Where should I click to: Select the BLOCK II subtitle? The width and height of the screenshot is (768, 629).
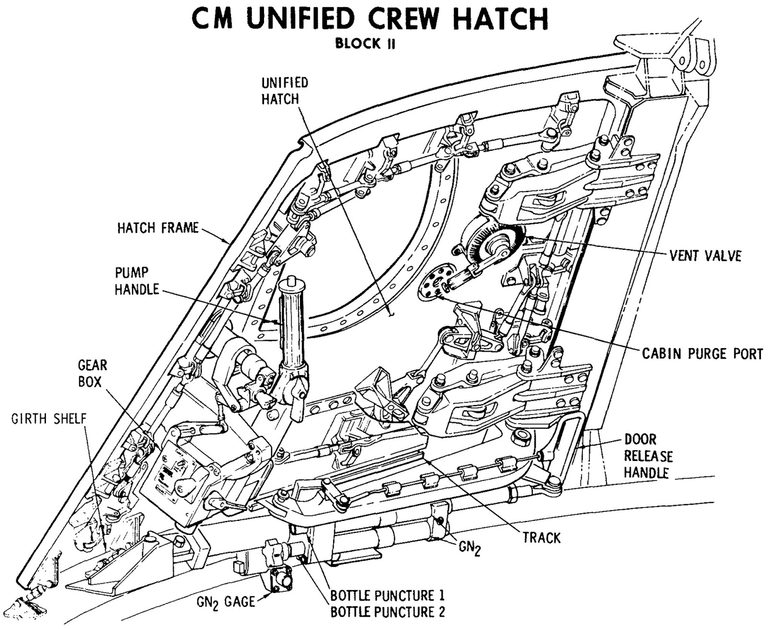[365, 44]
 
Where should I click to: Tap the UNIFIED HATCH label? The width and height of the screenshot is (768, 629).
[284, 91]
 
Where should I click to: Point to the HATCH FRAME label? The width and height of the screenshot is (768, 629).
[158, 228]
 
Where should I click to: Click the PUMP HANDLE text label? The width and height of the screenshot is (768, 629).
[137, 281]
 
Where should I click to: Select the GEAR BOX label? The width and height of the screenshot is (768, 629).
[92, 374]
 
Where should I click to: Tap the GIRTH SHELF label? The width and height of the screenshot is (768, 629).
[49, 418]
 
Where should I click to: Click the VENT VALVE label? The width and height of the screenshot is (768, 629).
[705, 255]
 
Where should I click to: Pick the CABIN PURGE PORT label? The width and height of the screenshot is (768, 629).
[702, 354]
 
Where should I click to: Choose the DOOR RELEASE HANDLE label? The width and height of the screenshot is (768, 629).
[648, 456]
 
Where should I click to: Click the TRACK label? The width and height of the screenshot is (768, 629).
[541, 537]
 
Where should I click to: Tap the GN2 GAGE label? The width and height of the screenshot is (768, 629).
[226, 602]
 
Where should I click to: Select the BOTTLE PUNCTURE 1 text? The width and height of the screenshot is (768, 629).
[387, 595]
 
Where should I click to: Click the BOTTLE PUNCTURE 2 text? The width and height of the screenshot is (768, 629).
[387, 612]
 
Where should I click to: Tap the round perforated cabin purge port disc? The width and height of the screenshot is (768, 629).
[434, 283]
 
